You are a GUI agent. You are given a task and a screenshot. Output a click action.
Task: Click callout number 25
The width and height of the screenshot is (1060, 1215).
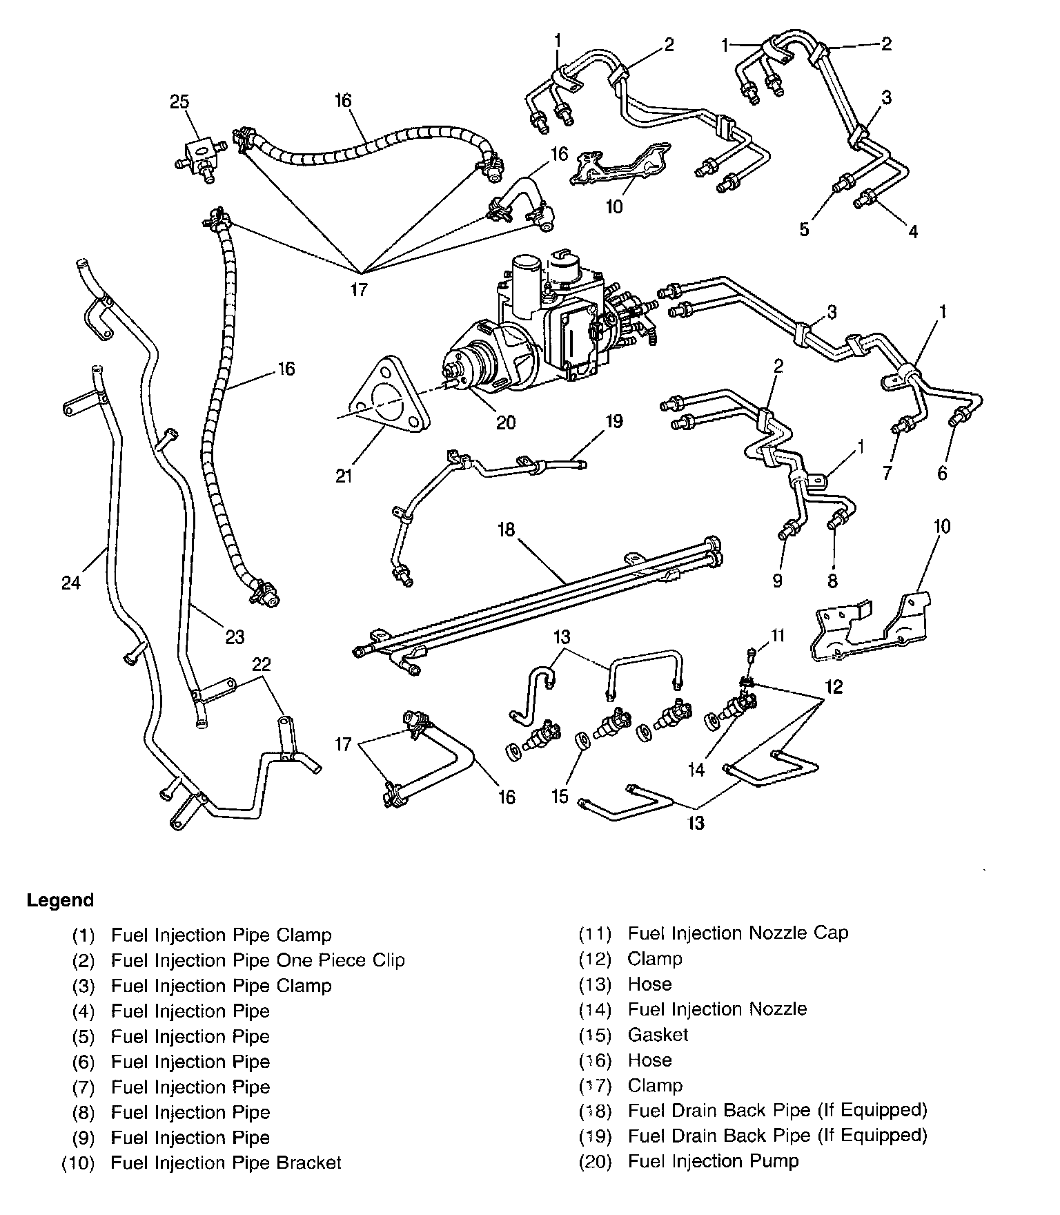tap(179, 102)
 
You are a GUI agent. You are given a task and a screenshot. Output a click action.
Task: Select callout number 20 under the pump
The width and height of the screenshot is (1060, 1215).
tap(506, 421)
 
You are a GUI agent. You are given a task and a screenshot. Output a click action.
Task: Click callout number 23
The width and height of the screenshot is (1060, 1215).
tap(235, 636)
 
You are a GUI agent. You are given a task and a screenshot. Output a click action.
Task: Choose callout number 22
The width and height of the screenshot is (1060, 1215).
tap(261, 664)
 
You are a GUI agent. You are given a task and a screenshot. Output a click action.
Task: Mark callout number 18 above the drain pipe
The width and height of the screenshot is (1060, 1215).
tap(507, 529)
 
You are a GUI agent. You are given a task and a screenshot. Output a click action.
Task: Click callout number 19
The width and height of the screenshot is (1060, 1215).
tap(614, 420)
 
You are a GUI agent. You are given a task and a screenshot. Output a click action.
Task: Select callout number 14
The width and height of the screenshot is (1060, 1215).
tap(697, 769)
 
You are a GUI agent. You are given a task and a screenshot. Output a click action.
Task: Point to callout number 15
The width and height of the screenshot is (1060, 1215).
tap(560, 796)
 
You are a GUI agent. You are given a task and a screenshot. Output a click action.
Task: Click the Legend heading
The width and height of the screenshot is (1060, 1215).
tap(60, 900)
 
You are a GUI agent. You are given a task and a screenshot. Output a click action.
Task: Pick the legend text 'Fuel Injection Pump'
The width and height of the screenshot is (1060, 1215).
tap(713, 1161)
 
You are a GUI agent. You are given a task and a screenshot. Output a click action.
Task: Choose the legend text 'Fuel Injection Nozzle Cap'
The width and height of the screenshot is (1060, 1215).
tap(738, 933)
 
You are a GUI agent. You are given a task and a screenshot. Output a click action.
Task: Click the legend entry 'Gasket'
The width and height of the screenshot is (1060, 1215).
tap(658, 1034)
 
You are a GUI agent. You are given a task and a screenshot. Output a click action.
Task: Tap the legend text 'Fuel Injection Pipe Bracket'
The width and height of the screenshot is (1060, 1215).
tap(226, 1163)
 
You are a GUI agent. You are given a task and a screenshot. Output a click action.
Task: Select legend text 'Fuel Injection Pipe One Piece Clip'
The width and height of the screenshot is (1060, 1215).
tap(257, 960)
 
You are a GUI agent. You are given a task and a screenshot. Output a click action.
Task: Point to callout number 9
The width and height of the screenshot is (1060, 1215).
tap(778, 581)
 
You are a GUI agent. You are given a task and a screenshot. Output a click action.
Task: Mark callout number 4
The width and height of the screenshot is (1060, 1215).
tap(913, 231)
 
